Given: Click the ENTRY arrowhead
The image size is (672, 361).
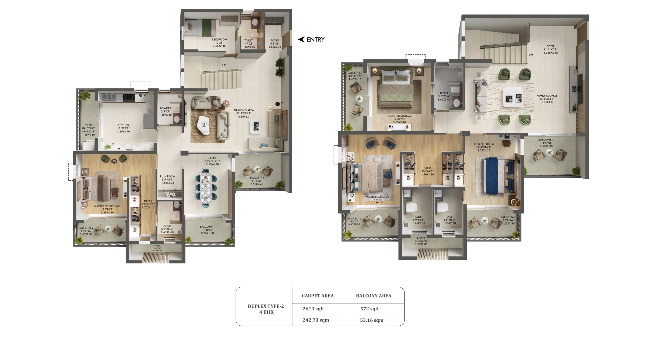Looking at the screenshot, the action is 301,39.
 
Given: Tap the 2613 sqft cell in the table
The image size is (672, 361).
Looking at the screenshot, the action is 313,309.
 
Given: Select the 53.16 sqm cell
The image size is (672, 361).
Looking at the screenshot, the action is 371,320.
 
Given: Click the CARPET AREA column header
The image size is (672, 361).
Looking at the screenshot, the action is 318,296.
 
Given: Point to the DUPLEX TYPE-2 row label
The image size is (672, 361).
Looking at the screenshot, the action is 266,306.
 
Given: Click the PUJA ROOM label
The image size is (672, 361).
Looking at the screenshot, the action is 168,176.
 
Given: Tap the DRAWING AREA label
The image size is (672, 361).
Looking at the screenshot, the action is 244,110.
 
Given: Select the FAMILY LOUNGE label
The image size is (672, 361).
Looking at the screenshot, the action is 547,96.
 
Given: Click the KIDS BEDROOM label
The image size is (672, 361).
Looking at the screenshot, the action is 484,144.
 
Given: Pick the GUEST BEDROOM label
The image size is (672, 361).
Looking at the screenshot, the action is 399,116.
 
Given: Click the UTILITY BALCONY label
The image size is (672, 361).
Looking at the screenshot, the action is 88,127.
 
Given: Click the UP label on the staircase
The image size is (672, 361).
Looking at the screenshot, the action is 224,65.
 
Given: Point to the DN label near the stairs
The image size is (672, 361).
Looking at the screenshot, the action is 531,55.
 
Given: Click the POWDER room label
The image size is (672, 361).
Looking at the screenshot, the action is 165,108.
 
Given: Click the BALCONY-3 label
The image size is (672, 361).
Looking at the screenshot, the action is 355,73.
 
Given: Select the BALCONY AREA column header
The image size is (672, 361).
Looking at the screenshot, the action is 374,296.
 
